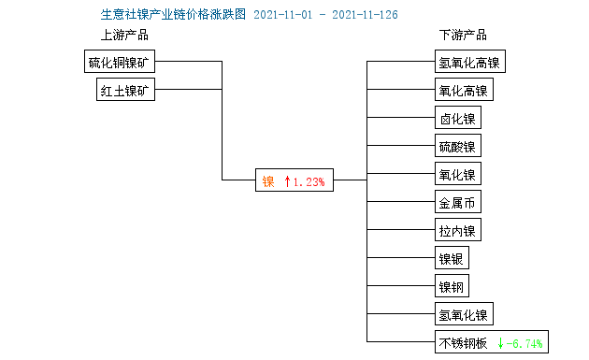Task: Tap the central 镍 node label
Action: (x=267, y=181)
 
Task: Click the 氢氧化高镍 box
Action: (x=469, y=63)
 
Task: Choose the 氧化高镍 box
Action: (x=463, y=91)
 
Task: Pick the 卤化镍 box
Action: (x=457, y=119)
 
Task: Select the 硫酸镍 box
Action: (x=457, y=147)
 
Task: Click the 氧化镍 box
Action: (x=457, y=175)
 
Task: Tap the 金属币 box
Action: (x=457, y=203)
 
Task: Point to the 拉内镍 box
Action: (x=457, y=231)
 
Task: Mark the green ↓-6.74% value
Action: (x=520, y=343)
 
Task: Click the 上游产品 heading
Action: (x=124, y=36)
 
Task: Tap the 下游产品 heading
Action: (x=463, y=36)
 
